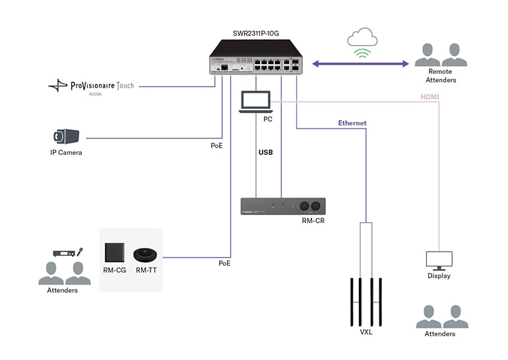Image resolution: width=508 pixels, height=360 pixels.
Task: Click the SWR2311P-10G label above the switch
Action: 257,32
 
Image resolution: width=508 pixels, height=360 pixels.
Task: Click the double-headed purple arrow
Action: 360,64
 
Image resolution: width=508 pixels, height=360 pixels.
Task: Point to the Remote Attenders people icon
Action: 441,55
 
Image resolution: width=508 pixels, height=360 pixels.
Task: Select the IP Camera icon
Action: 66,136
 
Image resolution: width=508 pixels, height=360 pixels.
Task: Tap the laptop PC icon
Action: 255,102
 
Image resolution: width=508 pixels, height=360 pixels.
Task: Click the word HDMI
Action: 429,97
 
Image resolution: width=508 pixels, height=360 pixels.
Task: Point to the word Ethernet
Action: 352,123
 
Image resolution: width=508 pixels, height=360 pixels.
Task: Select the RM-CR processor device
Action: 282,206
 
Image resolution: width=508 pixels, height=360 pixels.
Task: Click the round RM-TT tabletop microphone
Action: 147,255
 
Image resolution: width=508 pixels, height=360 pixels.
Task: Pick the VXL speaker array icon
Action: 365,300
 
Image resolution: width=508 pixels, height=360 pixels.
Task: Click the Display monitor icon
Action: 439,261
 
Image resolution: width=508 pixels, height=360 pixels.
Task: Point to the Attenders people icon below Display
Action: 441,316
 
